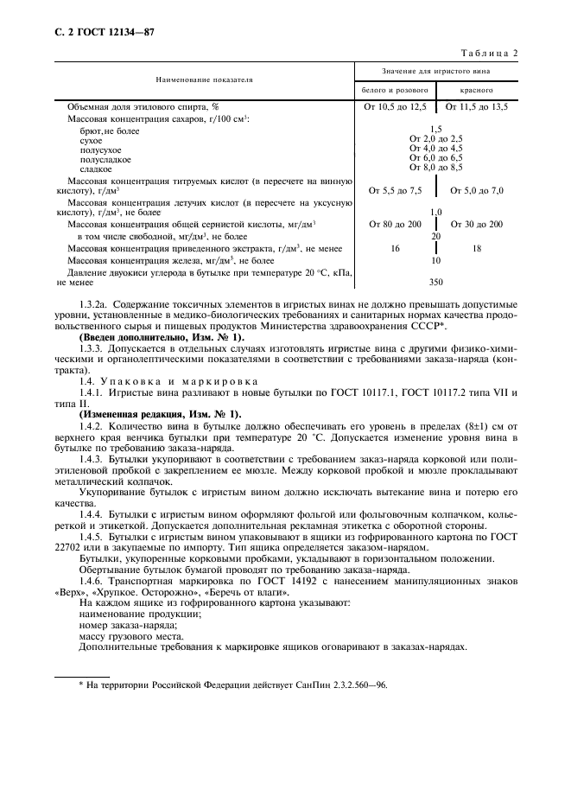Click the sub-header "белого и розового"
[x=394, y=90]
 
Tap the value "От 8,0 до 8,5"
[x=435, y=168]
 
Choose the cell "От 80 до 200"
[x=395, y=224]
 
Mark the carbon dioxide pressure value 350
[x=435, y=282]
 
